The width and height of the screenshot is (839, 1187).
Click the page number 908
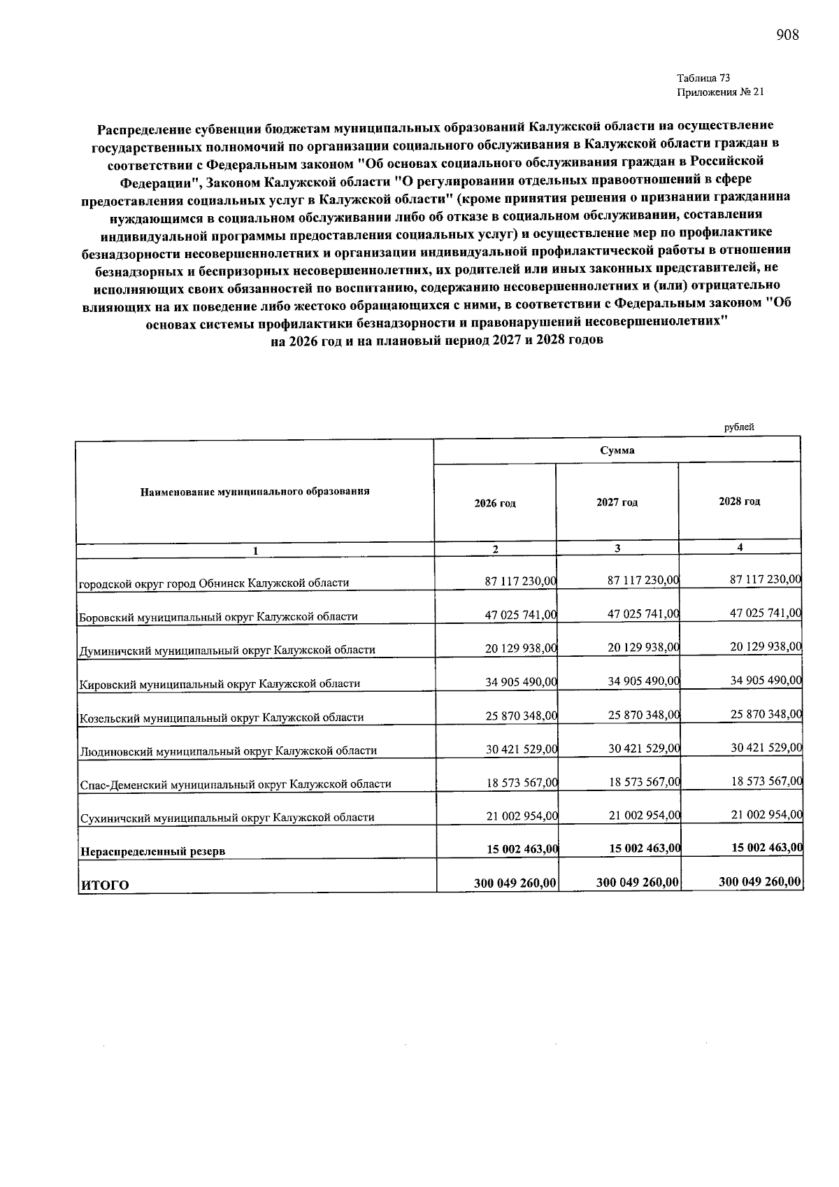pyautogui.click(x=787, y=34)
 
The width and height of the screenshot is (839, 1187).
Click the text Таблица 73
pyautogui.click(x=703, y=78)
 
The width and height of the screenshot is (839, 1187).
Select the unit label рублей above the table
pyautogui.click(x=739, y=427)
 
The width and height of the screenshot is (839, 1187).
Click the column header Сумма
pyautogui.click(x=617, y=450)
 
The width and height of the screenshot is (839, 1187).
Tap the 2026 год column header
pyautogui.click(x=494, y=504)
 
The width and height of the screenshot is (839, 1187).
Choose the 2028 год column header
pyautogui.click(x=739, y=502)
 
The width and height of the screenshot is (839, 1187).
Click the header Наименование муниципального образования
pyautogui.click(x=254, y=491)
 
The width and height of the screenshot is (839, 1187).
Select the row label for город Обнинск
pyautogui.click(x=213, y=583)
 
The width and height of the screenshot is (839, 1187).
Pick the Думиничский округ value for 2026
pyautogui.click(x=520, y=648)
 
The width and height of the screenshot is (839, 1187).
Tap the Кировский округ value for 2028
pyautogui.click(x=766, y=680)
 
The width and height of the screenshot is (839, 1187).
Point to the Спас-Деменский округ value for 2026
pyautogui.click(x=520, y=783)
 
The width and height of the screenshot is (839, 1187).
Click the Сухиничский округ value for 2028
pyautogui.click(x=766, y=814)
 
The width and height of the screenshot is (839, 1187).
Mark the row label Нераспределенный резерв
pyautogui.click(x=152, y=851)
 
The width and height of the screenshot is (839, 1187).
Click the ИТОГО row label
pyautogui.click(x=105, y=885)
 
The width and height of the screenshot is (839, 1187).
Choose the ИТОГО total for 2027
pyautogui.click(x=637, y=882)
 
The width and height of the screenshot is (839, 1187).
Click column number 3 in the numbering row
pyautogui.click(x=617, y=548)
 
